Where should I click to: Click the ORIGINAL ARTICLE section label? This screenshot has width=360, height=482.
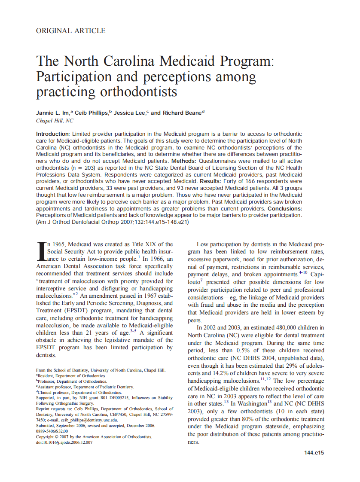click(x=71, y=31)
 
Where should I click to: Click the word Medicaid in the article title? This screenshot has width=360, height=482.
click(x=185, y=61)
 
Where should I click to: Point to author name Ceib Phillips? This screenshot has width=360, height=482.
click(x=93, y=113)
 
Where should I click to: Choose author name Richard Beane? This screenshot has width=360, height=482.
click(x=182, y=113)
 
